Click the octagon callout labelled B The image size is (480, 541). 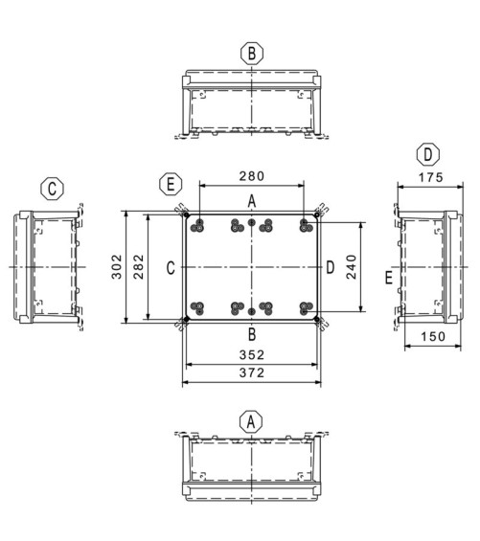tap(252, 54)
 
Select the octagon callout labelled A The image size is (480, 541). tap(251, 421)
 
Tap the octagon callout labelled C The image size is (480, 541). tap(52, 189)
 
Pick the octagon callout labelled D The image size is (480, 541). tap(428, 154)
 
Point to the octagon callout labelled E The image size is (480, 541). tap(171, 184)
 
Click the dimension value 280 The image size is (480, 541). tap(252, 176)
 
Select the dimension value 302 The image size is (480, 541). tap(117, 267)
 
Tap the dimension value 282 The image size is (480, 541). tap(139, 267)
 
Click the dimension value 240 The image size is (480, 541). tap(352, 267)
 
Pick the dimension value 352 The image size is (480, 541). tap(252, 355)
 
